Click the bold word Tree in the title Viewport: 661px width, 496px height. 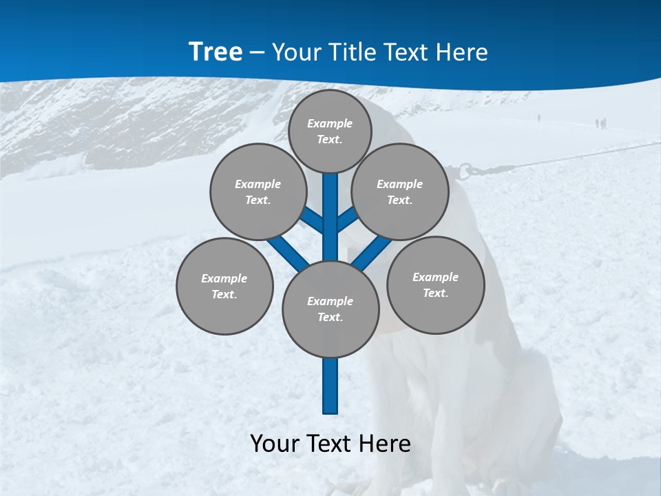tap(216, 52)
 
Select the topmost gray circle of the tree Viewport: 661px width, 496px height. tap(330, 131)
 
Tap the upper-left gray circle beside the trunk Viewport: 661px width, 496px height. tap(258, 192)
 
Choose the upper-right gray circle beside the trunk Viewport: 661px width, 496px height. tap(400, 192)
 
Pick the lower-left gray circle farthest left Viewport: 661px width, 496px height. tap(224, 286)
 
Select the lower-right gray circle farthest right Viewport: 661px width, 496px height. tap(435, 285)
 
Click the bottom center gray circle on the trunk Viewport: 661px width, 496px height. tap(330, 309)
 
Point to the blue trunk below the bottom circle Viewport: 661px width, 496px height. tap(330, 386)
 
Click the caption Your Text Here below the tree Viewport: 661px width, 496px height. tap(330, 443)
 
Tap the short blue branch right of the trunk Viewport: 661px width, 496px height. tap(347, 220)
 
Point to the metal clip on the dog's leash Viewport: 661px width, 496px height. tap(467, 169)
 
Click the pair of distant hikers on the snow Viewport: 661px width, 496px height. tap(600, 123)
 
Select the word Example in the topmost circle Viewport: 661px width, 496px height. tap(330, 123)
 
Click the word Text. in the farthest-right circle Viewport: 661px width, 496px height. tap(435, 293)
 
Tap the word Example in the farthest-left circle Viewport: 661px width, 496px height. tap(224, 278)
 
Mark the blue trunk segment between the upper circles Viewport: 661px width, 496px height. tap(330, 207)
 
